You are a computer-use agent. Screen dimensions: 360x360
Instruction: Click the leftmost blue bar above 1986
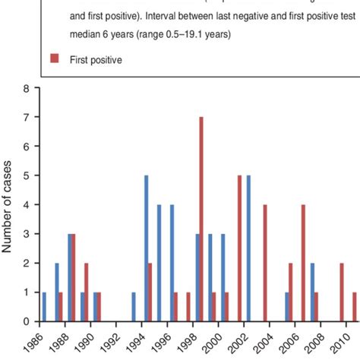44,306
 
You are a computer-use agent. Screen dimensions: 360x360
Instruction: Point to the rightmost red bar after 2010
355,306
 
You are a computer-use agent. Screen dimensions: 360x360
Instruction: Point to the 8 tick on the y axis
27,88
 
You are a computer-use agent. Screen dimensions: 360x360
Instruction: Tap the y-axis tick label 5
27,175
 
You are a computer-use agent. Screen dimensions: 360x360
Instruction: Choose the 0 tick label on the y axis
27,321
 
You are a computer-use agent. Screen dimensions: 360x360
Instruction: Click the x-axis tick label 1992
115,339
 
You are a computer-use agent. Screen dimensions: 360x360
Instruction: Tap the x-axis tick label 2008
317,339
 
